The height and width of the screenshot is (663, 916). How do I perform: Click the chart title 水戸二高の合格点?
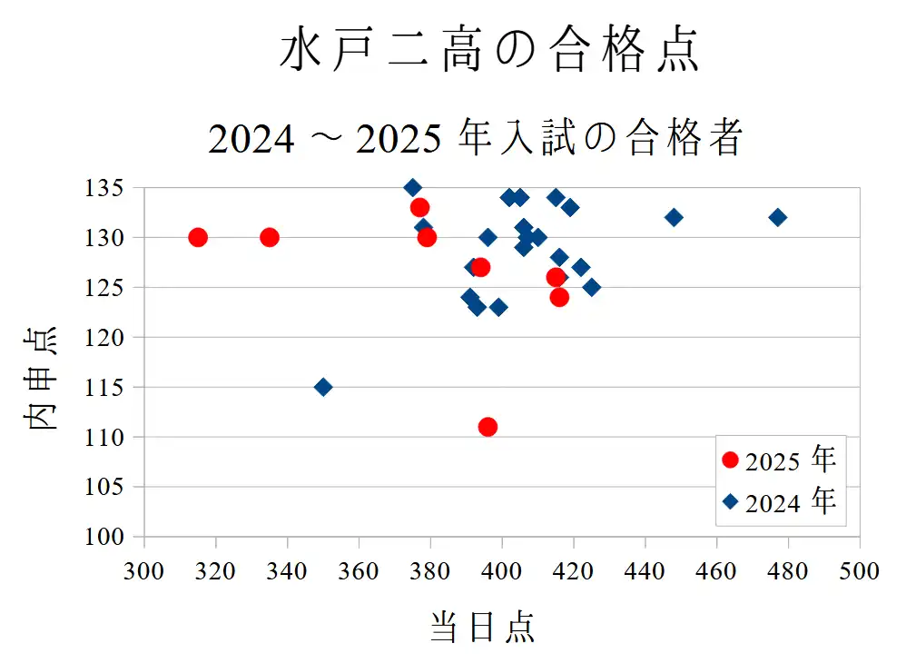(489, 50)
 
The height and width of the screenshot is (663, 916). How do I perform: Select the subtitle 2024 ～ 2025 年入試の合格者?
(476, 139)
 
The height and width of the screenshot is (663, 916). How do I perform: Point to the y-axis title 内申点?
(41, 377)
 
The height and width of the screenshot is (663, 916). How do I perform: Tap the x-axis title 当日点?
(482, 627)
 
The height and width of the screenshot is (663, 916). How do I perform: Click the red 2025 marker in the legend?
(730, 460)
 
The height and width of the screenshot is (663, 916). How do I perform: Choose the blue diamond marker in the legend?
(730, 501)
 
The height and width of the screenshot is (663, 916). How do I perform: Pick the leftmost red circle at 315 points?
(198, 237)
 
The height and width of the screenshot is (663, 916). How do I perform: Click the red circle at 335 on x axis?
(270, 237)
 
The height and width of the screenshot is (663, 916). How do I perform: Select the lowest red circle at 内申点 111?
(488, 427)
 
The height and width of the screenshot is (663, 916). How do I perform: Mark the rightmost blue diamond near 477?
(777, 217)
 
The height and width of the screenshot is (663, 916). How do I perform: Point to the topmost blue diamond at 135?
(413, 188)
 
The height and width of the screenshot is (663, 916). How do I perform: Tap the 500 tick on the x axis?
(859, 571)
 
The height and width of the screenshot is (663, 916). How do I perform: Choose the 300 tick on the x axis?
(143, 571)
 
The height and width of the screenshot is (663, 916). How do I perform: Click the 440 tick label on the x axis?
(645, 571)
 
